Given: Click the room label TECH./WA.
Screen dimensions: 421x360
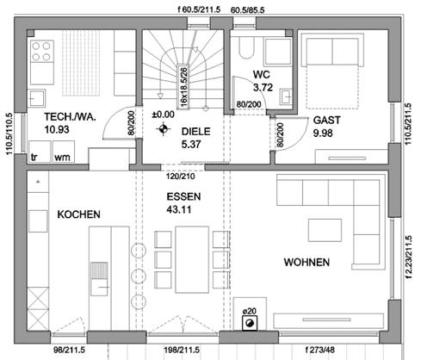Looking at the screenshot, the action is (70, 117).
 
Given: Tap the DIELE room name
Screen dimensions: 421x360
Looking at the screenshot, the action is (196, 132).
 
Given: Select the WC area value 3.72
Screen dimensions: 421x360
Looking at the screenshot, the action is (263, 87).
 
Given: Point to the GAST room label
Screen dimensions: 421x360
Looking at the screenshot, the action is (327, 120).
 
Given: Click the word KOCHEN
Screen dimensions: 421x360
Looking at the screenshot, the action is (79, 214).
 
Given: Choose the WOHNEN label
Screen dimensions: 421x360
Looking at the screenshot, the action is (306, 263).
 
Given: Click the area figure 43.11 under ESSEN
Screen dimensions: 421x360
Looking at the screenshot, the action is (179, 209).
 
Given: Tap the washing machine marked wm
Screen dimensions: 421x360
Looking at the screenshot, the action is (64, 152).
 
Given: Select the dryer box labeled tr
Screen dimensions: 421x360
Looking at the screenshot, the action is (40, 152).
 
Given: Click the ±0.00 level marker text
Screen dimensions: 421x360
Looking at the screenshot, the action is (163, 115).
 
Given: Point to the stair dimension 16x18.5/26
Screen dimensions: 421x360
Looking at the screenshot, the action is (183, 87).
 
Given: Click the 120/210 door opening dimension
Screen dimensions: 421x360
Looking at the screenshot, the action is (181, 177).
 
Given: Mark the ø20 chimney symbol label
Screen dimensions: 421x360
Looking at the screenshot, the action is (249, 311).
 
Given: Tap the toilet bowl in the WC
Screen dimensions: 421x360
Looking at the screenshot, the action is (247, 48).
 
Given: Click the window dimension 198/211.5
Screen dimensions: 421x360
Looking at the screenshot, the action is (182, 351).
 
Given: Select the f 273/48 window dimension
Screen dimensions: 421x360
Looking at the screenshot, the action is (320, 350).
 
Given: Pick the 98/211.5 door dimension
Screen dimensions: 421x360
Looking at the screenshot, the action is (69, 351).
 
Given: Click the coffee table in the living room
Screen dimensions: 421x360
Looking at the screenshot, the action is (325, 230).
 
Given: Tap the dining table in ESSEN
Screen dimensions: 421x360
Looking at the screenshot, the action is (192, 260).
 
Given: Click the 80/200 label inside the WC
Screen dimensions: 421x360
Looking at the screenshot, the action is (249, 104).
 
